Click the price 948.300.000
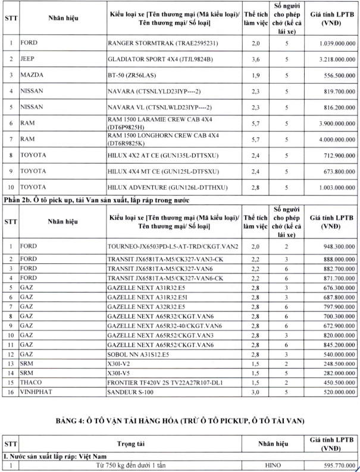click(332, 246)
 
